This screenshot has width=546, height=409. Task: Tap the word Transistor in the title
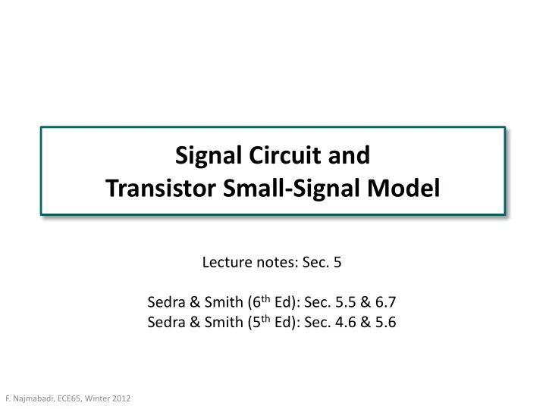(x=161, y=188)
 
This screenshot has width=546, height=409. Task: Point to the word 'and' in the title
(x=349, y=155)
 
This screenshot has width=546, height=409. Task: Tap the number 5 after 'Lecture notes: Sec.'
(x=337, y=262)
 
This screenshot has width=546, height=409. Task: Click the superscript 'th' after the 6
(x=265, y=298)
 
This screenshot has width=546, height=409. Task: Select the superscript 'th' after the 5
(x=265, y=319)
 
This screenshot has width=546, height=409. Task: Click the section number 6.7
(x=385, y=302)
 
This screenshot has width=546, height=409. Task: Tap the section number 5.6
(x=385, y=323)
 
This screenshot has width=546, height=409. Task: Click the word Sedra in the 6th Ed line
(x=166, y=302)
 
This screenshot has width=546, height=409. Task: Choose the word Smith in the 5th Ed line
(x=224, y=323)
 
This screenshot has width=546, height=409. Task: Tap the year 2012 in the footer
(x=121, y=398)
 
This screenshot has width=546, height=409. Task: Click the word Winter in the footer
(x=97, y=398)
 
